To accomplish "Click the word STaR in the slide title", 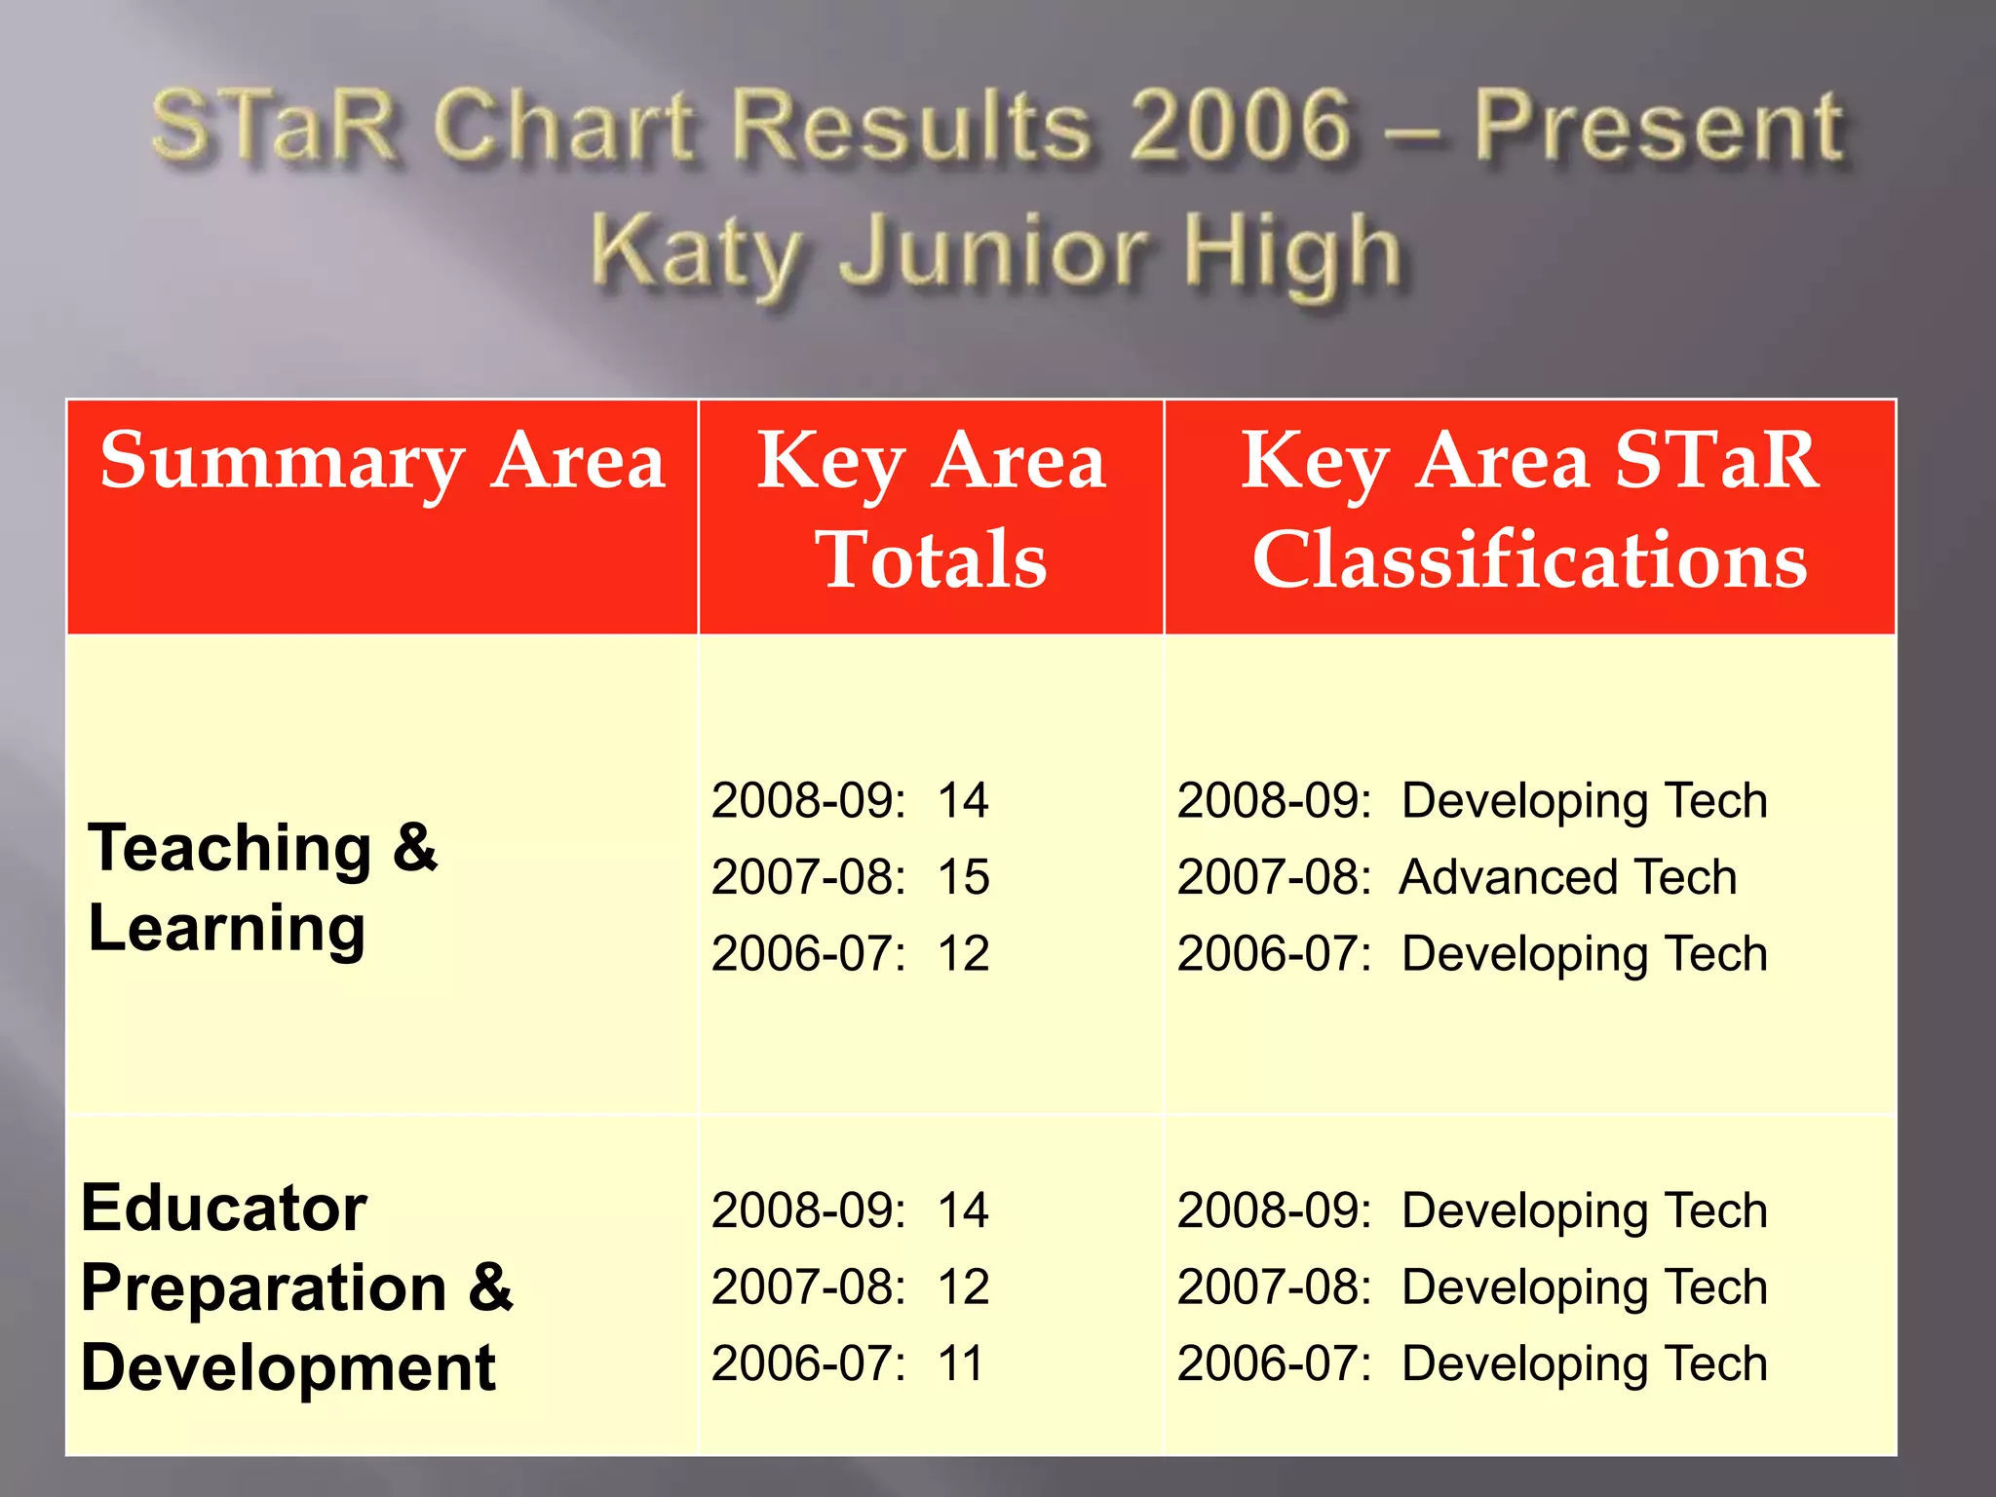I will click(x=276, y=127).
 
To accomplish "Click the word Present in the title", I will click(x=1657, y=127).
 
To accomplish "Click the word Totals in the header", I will click(x=931, y=559).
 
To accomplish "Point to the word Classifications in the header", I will click(x=1529, y=559).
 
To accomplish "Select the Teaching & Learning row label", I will click(x=263, y=887).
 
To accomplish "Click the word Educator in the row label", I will click(x=224, y=1209).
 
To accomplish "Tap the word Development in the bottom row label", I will click(x=288, y=1367).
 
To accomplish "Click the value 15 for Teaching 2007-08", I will click(x=963, y=877).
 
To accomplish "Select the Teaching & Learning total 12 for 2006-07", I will click(x=963, y=953).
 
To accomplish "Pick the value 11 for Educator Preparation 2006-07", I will click(x=961, y=1363).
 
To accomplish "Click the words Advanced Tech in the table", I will click(x=1568, y=877).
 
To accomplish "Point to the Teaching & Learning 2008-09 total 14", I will click(x=963, y=801).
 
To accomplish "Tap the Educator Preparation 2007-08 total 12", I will click(x=963, y=1287).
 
